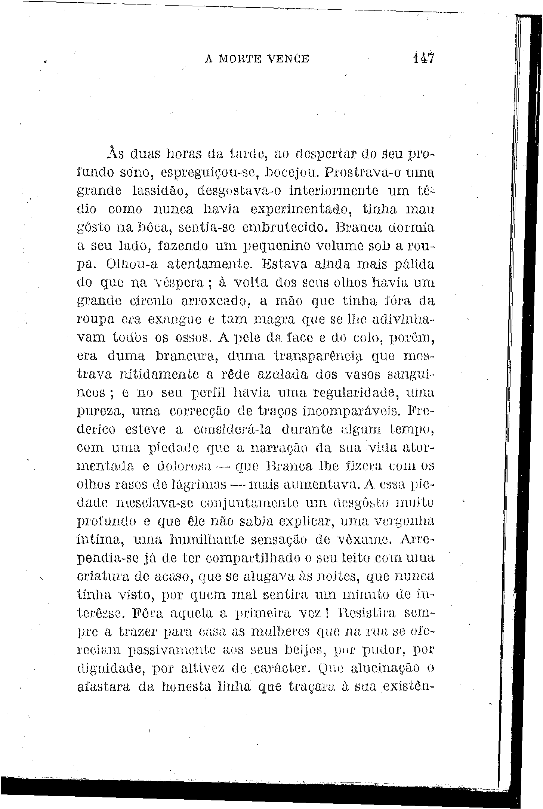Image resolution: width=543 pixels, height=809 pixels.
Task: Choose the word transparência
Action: pyautogui.click(x=317, y=357)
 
